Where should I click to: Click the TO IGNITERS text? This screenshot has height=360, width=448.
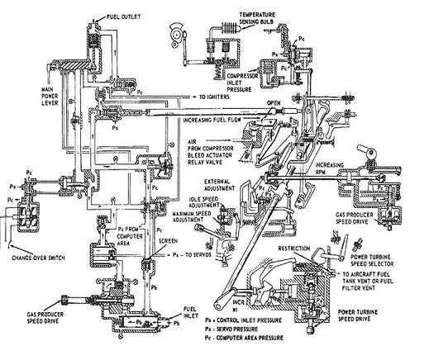pos(217,97)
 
